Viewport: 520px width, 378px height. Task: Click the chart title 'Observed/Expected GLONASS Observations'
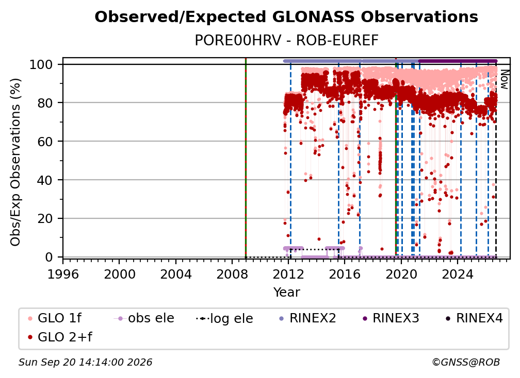tap(286, 17)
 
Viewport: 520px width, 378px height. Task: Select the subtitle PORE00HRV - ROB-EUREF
tap(286, 41)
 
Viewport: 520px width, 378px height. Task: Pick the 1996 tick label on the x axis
tap(63, 274)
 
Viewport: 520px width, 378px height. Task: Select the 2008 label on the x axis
tap(232, 274)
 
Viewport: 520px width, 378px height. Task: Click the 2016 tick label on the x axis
tap(345, 274)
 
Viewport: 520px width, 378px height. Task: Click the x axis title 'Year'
tap(286, 293)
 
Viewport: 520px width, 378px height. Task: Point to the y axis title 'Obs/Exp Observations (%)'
tap(15, 162)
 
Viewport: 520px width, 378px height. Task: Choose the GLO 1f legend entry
tap(55, 318)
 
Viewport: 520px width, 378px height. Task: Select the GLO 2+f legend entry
tap(60, 337)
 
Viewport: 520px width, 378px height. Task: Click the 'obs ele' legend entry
tap(144, 318)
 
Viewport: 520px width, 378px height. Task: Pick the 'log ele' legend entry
tap(224, 318)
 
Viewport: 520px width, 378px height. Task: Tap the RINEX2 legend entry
tap(308, 318)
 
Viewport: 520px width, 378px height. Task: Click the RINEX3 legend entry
tap(391, 318)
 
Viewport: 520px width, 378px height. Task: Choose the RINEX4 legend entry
tap(474, 318)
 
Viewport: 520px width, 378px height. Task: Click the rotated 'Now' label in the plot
tap(503, 79)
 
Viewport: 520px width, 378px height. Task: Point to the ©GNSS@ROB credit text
tap(466, 363)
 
